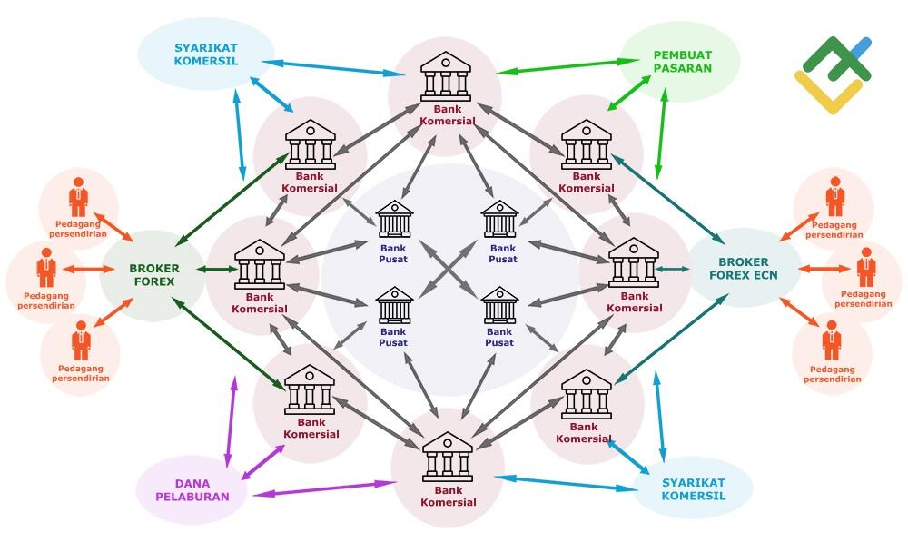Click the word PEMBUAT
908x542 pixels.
click(682, 55)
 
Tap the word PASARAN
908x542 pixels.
click(682, 68)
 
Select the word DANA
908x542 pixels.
click(192, 484)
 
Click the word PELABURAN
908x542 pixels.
click(192, 497)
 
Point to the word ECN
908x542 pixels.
click(765, 276)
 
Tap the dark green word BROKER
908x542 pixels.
click(154, 269)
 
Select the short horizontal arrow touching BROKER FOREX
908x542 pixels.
click(217, 270)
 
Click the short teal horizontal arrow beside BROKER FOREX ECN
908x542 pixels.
click(672, 269)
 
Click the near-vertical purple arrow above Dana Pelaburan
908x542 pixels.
click(231, 422)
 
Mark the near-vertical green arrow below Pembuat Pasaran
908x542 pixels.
click(661, 133)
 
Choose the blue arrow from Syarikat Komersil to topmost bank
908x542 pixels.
click(333, 68)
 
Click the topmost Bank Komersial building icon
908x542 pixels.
click(445, 76)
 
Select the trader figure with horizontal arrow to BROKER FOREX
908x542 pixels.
click(46, 268)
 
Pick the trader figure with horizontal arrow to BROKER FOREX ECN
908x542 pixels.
click(866, 268)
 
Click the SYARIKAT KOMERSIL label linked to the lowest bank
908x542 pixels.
click(693, 489)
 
